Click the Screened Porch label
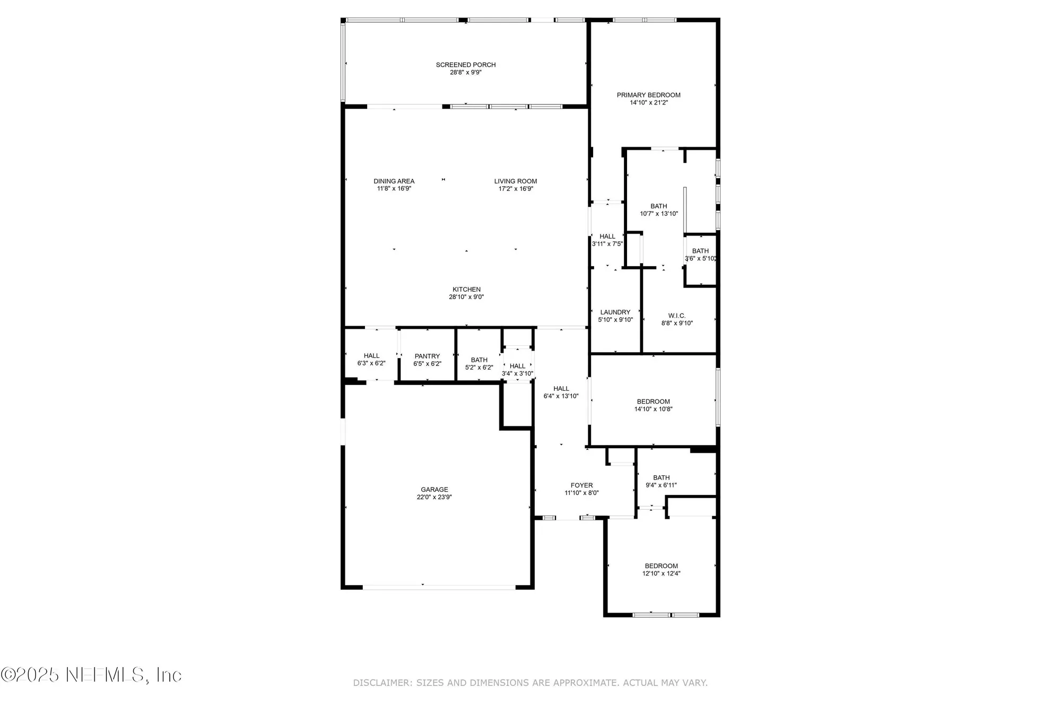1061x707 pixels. click(466, 65)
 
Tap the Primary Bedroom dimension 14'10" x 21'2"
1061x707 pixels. click(648, 103)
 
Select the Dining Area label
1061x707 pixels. click(394, 181)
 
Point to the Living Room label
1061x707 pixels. click(516, 181)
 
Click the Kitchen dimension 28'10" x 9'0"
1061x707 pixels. click(466, 297)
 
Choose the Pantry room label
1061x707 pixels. click(427, 356)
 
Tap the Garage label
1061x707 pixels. click(434, 490)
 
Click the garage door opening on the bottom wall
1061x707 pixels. click(439, 587)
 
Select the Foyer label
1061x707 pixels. click(581, 485)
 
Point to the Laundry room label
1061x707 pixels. click(615, 312)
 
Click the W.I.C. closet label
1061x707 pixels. click(676, 316)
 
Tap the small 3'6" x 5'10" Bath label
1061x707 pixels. click(700, 251)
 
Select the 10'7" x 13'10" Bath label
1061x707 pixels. click(658, 206)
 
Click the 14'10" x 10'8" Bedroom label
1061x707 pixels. click(653, 401)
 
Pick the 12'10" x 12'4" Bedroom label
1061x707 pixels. click(661, 566)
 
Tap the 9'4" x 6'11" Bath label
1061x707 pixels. click(661, 478)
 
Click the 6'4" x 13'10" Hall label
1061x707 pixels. click(561, 389)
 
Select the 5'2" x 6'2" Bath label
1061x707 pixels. click(479, 360)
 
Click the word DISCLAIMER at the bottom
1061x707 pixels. click(381, 683)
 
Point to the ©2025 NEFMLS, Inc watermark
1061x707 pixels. click(91, 675)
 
